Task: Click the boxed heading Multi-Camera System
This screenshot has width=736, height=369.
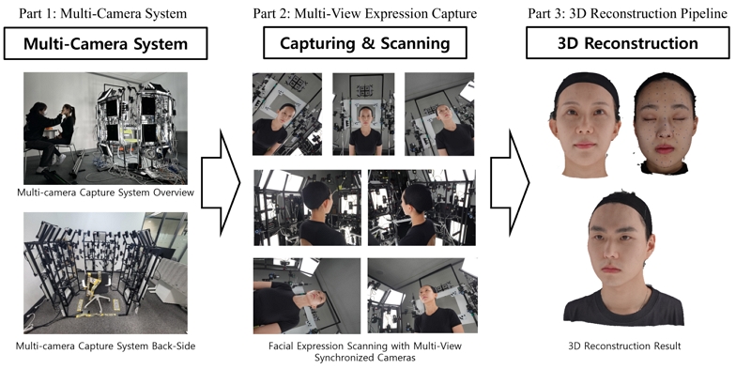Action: (105, 43)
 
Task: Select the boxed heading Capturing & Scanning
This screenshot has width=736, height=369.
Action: (364, 43)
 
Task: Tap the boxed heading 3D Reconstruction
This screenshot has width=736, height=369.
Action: (627, 43)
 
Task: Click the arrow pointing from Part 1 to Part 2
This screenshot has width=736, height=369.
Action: (221, 183)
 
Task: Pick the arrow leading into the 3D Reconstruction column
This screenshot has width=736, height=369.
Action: (510, 183)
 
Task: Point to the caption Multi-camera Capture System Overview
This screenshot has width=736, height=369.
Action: (105, 192)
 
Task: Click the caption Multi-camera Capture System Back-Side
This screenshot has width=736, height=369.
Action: (105, 346)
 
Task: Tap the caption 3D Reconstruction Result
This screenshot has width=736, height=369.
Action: (624, 346)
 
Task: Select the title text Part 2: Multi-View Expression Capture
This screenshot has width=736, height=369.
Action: (364, 13)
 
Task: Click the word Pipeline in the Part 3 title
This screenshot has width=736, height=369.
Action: (704, 13)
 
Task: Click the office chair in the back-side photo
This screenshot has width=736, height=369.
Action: (96, 293)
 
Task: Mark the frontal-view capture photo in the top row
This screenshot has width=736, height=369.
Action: (363, 115)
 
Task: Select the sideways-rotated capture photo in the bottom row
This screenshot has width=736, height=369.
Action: (306, 296)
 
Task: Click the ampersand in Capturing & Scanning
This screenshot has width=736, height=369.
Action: (368, 43)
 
